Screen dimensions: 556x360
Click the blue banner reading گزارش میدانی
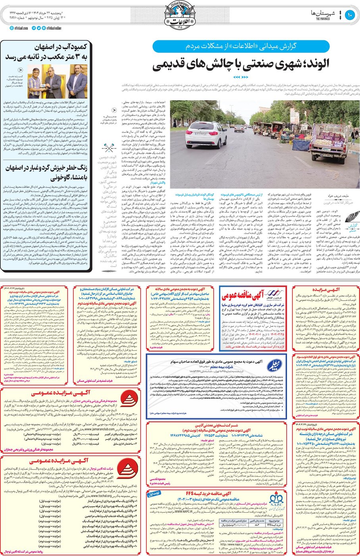pyautogui.click(x=241, y=46)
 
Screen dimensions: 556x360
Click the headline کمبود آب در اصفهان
pyautogui.click(x=47, y=52)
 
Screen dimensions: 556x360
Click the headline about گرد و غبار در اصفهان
pyautogui.click(x=47, y=172)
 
